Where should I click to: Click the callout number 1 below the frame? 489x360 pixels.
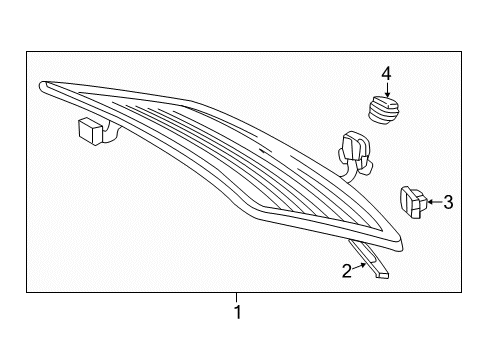coord(237,312)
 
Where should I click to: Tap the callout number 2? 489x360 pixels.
coord(347,271)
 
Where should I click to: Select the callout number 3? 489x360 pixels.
coord(448,202)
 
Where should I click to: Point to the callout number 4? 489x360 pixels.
coord(386,73)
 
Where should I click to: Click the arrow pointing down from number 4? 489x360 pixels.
coord(387,89)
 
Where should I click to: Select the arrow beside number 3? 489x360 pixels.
coord(434,202)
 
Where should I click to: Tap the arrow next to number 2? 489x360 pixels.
coord(359,266)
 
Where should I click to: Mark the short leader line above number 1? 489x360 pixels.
coord(237,297)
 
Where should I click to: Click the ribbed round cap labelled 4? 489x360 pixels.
coord(383,110)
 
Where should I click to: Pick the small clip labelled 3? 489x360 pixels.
coord(413,202)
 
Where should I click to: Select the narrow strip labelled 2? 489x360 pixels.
coord(370,259)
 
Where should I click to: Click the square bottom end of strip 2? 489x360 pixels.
coord(382,275)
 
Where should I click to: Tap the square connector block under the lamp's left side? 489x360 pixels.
coord(90,131)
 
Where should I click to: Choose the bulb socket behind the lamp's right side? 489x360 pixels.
coord(354,153)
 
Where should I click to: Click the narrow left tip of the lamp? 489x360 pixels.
coord(41,86)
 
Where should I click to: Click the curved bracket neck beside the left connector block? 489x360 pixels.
coord(110,132)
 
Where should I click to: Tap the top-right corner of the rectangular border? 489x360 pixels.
coord(462,51)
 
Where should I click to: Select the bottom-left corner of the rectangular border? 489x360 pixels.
coord(27,293)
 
